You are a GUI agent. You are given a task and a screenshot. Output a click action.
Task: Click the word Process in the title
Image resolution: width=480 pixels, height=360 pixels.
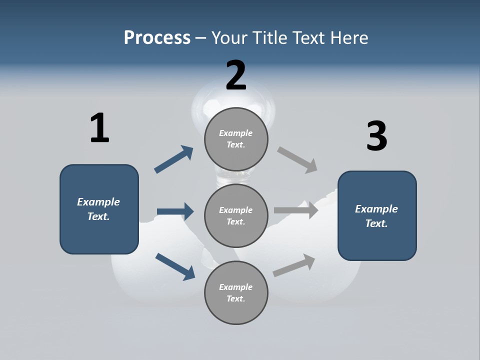157,37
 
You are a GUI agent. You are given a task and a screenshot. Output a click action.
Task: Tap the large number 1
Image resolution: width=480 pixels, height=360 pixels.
99,128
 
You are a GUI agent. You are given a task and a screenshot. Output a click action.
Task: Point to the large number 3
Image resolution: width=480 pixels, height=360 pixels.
376,136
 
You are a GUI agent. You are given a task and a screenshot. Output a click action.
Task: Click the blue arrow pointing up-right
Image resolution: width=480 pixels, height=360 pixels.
173,159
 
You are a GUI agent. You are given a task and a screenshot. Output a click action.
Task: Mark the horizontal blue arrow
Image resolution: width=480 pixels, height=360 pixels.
175,211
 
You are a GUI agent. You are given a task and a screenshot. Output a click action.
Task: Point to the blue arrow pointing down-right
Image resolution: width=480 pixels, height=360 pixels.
175,266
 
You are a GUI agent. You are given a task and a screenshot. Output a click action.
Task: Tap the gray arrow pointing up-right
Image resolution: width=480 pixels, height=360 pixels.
294,265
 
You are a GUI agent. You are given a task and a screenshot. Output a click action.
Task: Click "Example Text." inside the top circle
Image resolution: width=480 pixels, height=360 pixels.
236,139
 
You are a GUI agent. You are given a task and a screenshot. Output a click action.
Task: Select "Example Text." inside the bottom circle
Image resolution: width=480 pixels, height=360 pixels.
236,293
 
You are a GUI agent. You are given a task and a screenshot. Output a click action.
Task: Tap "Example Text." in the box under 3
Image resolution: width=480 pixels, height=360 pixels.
376,216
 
